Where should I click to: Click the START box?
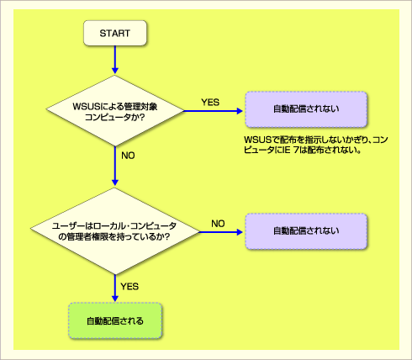[x=115, y=33]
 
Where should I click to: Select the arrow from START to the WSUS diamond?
[x=115, y=60]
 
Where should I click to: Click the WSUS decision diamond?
[x=115, y=111]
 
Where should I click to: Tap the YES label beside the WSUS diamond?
[x=210, y=103]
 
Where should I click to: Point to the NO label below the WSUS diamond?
[x=128, y=156]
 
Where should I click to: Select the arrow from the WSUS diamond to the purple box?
[x=213, y=111]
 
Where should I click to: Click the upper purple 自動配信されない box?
[x=306, y=109]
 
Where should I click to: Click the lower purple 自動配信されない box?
[x=306, y=231]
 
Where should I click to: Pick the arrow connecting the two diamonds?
[x=115, y=166]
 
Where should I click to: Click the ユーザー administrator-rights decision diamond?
[x=115, y=231]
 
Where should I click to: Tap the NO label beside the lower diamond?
[x=218, y=224]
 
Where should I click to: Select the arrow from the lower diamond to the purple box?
[x=221, y=232]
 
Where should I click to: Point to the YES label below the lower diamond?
[x=129, y=287]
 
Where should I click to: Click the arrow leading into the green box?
[x=115, y=288]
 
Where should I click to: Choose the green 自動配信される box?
[x=115, y=320]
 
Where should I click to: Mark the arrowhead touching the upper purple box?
[x=240, y=111]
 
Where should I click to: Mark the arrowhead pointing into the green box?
[x=115, y=299]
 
